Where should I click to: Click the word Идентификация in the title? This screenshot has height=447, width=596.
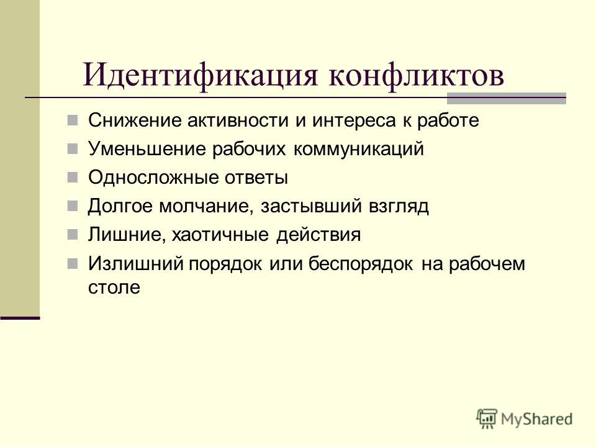click(x=200, y=75)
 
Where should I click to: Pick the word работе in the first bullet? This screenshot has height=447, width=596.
click(x=448, y=121)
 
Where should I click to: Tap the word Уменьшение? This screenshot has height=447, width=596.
click(x=147, y=148)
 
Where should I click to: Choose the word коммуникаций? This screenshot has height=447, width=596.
click(x=358, y=148)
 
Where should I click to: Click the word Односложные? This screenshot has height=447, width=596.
click(x=153, y=178)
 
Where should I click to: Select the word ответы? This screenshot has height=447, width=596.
click(x=256, y=178)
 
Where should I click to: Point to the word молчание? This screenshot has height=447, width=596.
click(x=206, y=206)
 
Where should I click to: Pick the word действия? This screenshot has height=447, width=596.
click(x=318, y=235)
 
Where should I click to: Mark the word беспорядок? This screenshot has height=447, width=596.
click(x=360, y=264)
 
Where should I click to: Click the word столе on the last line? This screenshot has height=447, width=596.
click(x=114, y=287)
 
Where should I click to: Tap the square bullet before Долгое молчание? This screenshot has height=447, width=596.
click(x=72, y=206)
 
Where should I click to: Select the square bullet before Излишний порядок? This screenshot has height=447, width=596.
click(x=72, y=264)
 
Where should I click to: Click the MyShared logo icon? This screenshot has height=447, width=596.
click(x=487, y=418)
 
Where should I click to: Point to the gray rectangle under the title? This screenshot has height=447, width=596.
click(x=507, y=98)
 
